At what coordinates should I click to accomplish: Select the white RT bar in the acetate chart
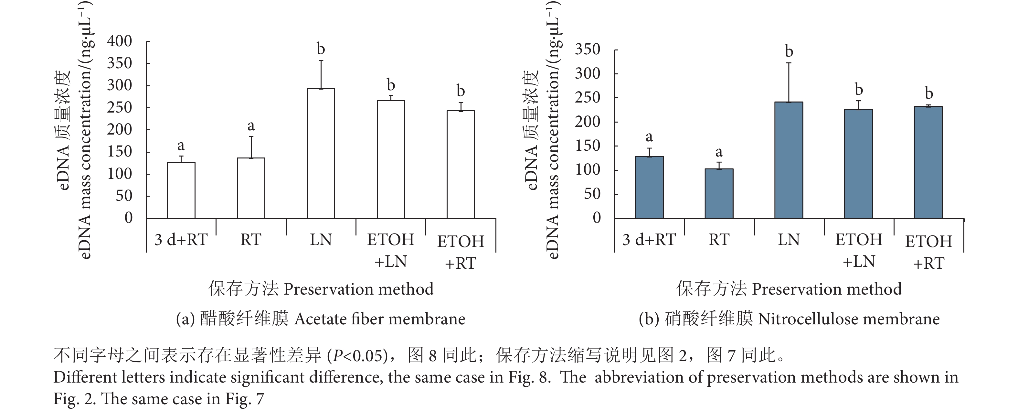coord(251,188)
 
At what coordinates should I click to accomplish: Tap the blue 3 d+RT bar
coord(649,188)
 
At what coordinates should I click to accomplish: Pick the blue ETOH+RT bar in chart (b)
coord(928,162)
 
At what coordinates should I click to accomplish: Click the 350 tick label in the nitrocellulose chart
coord(588,50)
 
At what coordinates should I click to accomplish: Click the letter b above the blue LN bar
coord(789,52)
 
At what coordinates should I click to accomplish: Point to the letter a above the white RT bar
coord(251,126)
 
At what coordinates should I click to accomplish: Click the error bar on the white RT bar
coord(251,147)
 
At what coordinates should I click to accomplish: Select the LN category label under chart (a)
coord(321,240)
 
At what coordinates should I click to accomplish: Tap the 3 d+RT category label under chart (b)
coord(649,240)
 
